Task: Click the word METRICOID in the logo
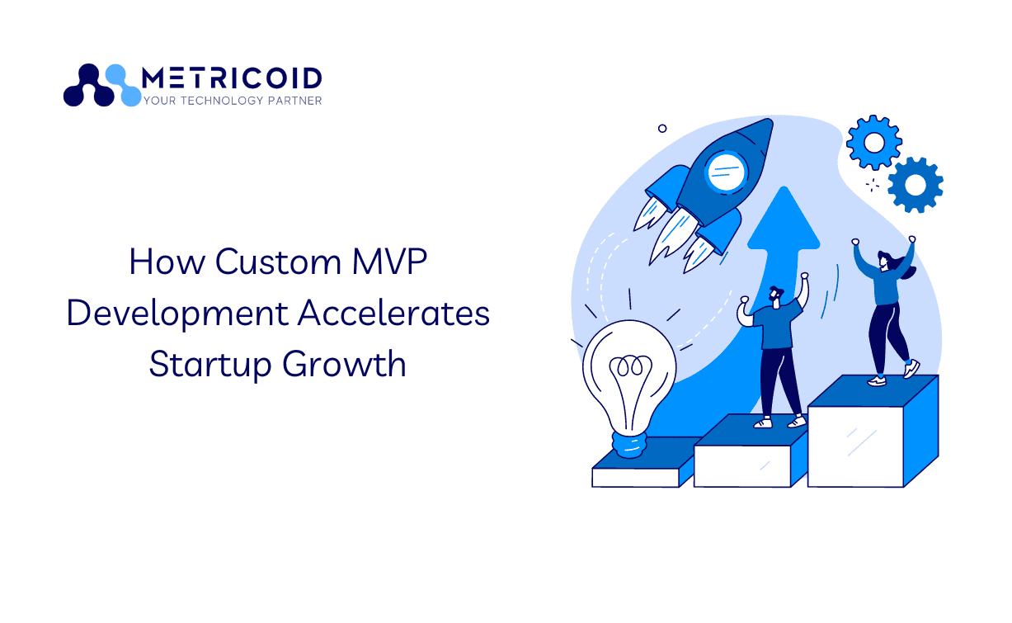232,78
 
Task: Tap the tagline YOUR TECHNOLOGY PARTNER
233,101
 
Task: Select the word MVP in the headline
390,262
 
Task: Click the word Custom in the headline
278,262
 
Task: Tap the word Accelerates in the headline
393,313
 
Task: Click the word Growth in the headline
344,364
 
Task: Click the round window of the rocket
726,172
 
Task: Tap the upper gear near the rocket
873,143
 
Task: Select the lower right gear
916,185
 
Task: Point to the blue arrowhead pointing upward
784,219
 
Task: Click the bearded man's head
776,296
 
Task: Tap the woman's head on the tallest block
885,262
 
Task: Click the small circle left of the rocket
662,129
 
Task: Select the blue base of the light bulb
628,446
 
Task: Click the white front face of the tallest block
855,446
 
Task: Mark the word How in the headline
167,262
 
